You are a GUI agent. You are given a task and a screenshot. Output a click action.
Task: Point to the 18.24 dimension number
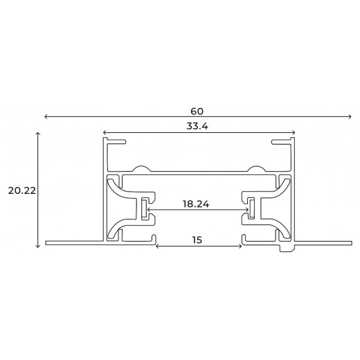(x=197, y=204)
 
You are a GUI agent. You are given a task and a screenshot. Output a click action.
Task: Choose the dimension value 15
(x=197, y=240)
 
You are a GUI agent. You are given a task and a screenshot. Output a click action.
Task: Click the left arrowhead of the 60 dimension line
(x=46, y=117)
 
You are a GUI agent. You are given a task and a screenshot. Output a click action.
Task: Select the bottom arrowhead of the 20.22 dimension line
(x=37, y=245)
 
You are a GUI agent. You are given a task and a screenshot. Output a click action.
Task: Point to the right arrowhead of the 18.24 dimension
(x=246, y=210)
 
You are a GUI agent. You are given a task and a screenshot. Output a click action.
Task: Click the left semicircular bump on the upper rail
(x=141, y=168)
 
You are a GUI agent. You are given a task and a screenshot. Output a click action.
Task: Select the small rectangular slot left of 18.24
(x=144, y=209)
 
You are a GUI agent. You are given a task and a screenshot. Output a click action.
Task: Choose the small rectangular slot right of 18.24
(x=253, y=209)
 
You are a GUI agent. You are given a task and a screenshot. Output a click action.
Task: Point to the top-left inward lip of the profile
(x=116, y=141)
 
